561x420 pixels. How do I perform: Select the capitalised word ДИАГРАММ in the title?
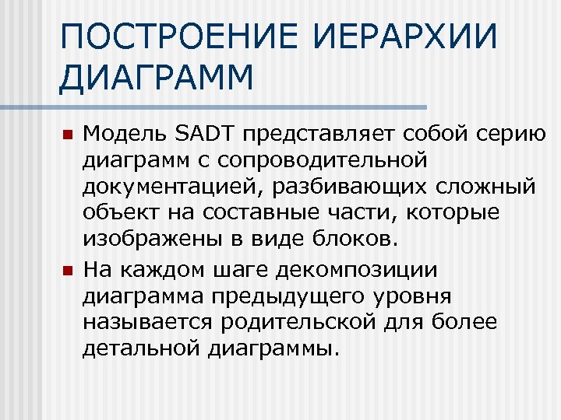(156, 78)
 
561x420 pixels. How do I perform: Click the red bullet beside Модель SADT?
(67, 135)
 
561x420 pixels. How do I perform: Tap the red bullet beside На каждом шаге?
(67, 270)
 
